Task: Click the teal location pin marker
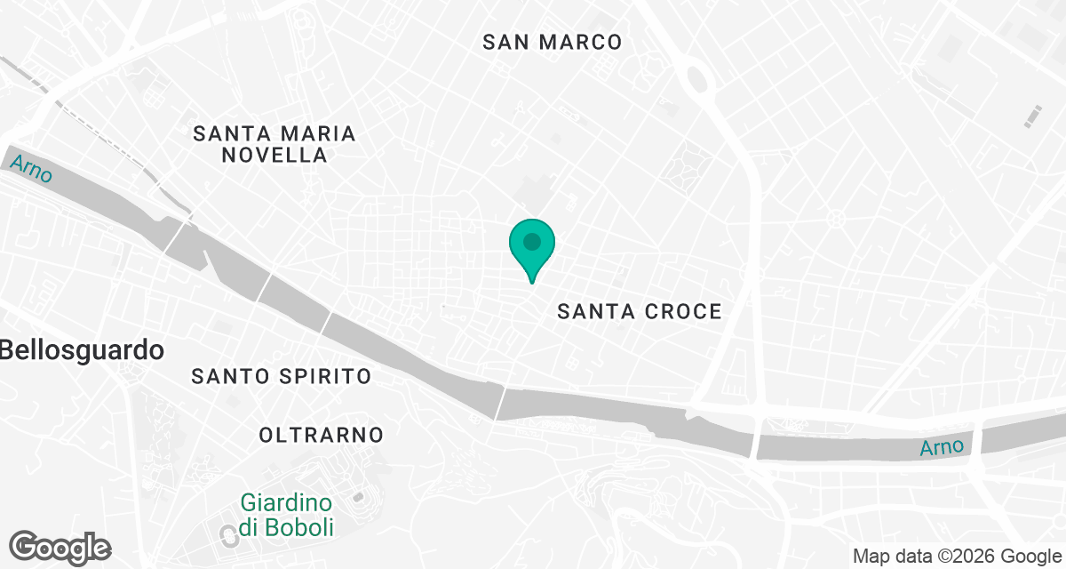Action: tap(531, 248)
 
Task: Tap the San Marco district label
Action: tap(552, 42)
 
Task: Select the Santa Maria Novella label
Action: tap(274, 144)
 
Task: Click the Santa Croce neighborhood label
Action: tap(639, 311)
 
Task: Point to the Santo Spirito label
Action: tap(282, 376)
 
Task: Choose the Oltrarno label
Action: tap(321, 435)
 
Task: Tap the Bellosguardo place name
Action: tap(82, 350)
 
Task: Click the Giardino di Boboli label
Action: tap(286, 516)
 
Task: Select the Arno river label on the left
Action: tap(32, 167)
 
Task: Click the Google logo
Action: tap(60, 547)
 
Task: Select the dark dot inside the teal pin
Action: tap(531, 241)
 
